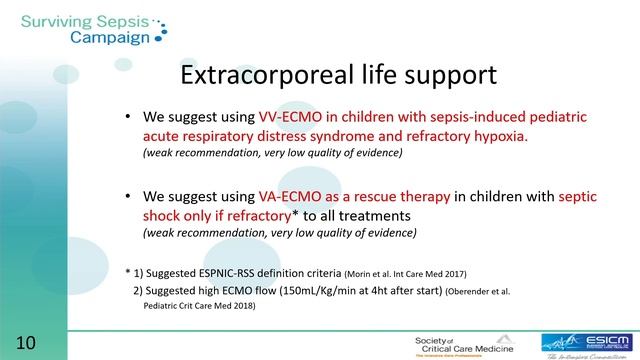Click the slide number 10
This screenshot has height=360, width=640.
26,342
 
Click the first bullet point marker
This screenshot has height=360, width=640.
128,117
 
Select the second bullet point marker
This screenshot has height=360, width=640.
128,196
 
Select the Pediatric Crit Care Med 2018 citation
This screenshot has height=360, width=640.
194,307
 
